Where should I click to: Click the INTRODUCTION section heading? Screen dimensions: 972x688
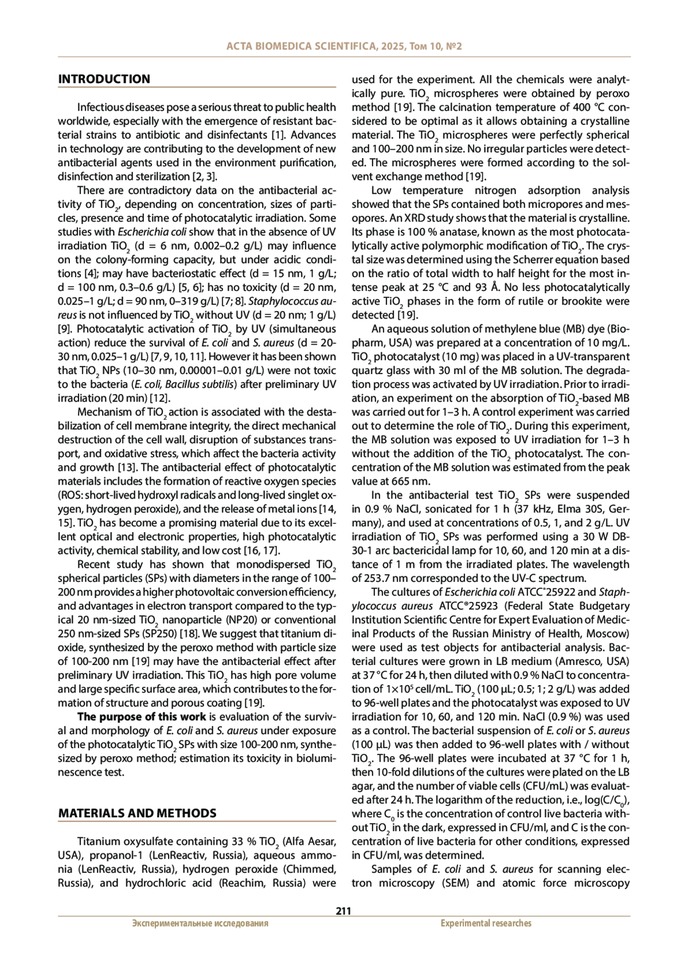tap(104, 79)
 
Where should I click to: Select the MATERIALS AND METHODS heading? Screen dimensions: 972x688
tap(137, 813)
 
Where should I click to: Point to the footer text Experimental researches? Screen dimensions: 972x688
tap(486, 923)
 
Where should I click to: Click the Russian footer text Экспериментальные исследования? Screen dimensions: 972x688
tap(200, 923)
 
